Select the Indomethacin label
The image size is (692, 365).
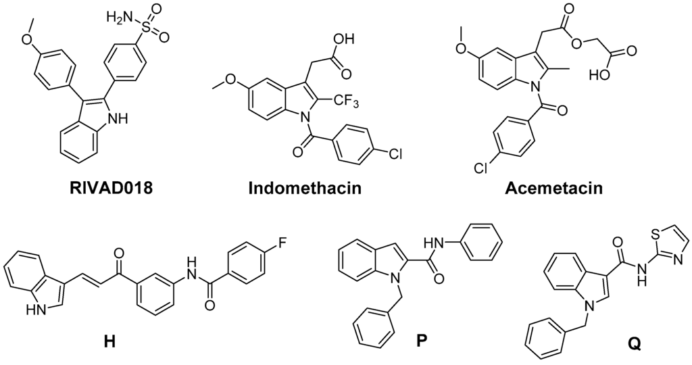tap(305, 188)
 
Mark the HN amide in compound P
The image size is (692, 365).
tap(438, 240)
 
